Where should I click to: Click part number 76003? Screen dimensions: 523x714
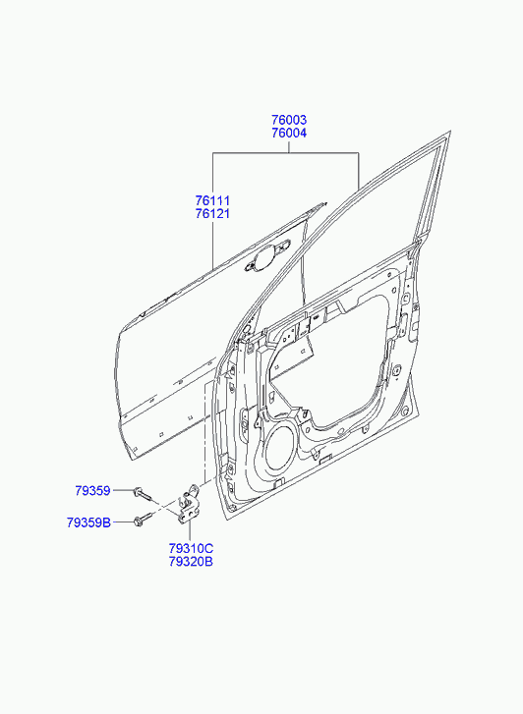[289, 120]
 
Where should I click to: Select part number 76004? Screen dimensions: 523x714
[289, 133]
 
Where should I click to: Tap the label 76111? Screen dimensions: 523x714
[213, 200]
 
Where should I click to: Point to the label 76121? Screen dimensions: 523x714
[213, 213]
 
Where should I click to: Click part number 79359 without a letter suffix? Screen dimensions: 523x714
[93, 490]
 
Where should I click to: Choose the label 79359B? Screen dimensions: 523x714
[88, 522]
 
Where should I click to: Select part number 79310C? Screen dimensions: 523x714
[191, 548]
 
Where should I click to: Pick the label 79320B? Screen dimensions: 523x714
[191, 562]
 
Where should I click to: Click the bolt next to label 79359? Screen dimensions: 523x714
[142, 494]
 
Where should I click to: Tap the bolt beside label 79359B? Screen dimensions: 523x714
[143, 520]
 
